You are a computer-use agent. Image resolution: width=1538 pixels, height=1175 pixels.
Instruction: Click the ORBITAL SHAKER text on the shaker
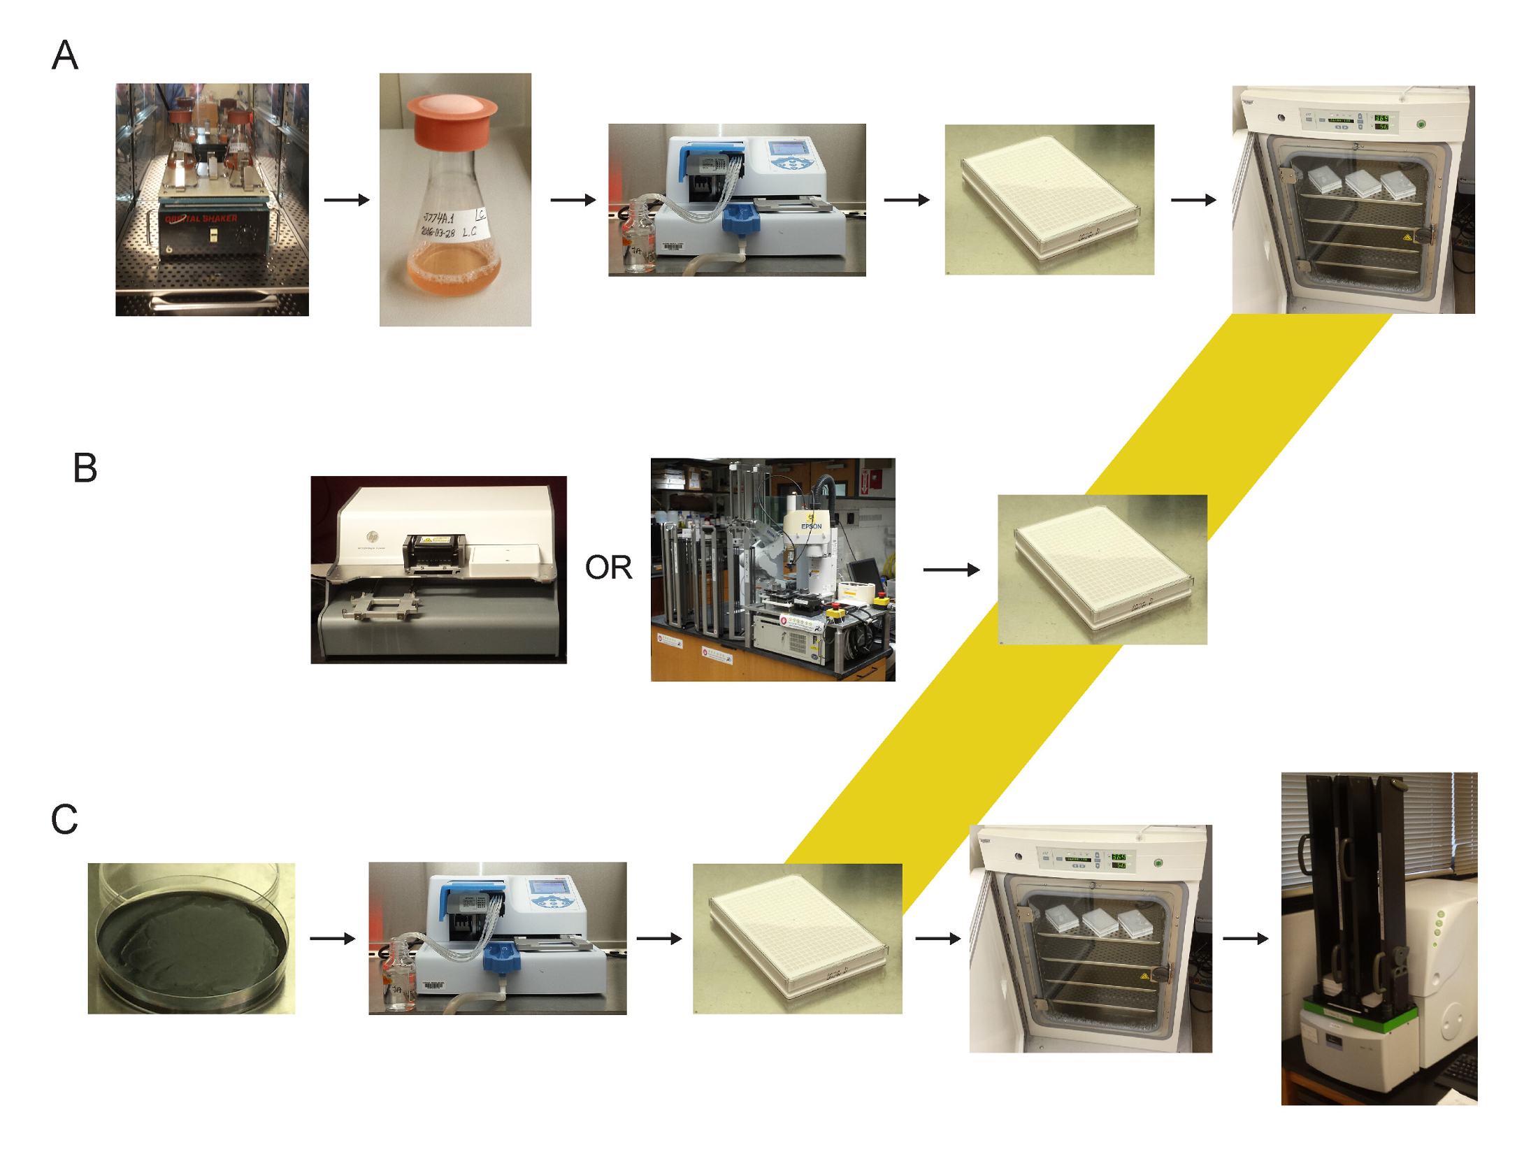coord(201,218)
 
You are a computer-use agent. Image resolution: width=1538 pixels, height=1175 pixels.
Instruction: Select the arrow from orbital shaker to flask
coord(346,200)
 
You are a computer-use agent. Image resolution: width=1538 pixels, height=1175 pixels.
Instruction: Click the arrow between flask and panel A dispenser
coord(572,200)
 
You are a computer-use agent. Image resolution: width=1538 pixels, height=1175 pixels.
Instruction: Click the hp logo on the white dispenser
coord(372,535)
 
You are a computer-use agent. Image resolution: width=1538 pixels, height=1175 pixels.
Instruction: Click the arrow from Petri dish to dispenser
coord(332,938)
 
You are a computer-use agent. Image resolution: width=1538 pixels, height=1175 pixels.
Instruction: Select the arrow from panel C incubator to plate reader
coord(1244,938)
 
